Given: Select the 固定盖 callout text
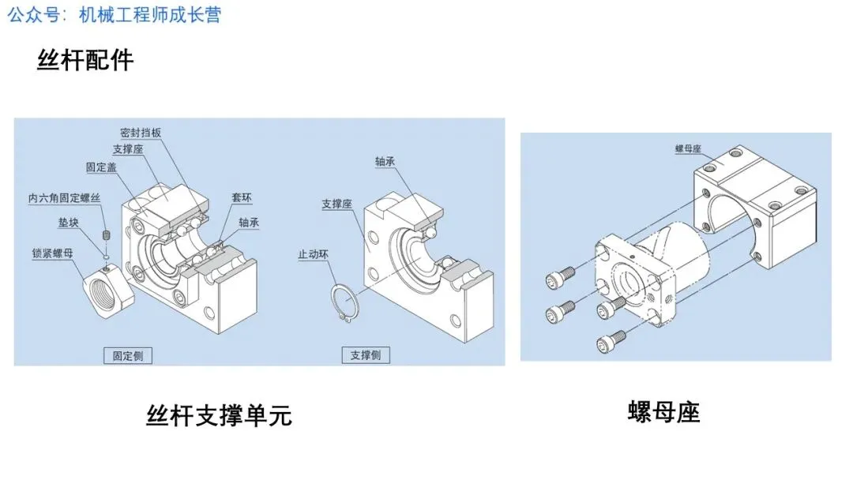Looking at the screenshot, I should [x=103, y=167].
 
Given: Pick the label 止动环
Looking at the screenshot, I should [x=313, y=254].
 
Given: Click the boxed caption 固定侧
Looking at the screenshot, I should [x=128, y=355].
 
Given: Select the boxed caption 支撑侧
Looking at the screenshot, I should [x=366, y=355].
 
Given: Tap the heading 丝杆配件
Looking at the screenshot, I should [x=85, y=60].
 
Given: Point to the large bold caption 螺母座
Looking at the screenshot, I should [x=664, y=411].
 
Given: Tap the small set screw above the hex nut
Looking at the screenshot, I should [x=105, y=235].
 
